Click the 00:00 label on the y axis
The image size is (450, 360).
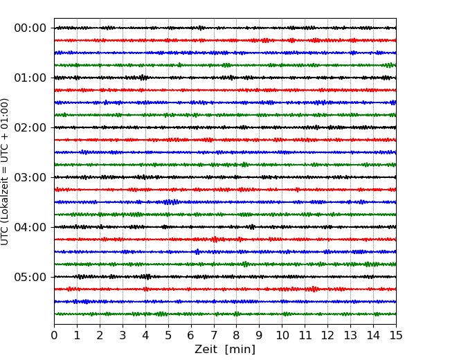[x=30, y=28]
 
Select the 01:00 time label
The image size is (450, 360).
[x=30, y=78]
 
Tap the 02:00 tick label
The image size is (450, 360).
[x=30, y=127]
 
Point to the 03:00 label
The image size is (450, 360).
[x=30, y=177]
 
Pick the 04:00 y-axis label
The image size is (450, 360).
[x=30, y=227]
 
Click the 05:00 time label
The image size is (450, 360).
[x=30, y=277]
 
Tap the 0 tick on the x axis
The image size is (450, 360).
[x=54, y=336]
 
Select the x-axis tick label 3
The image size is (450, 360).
[x=123, y=336]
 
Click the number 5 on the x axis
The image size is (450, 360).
[x=168, y=336]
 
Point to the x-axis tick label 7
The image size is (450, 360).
[x=214, y=336]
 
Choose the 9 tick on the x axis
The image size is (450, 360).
[x=260, y=336]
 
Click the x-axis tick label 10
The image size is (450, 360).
[x=282, y=336]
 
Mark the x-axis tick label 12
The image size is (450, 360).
[x=327, y=336]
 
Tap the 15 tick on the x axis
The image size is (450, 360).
[x=396, y=336]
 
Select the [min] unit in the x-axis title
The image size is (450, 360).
[x=241, y=350]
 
